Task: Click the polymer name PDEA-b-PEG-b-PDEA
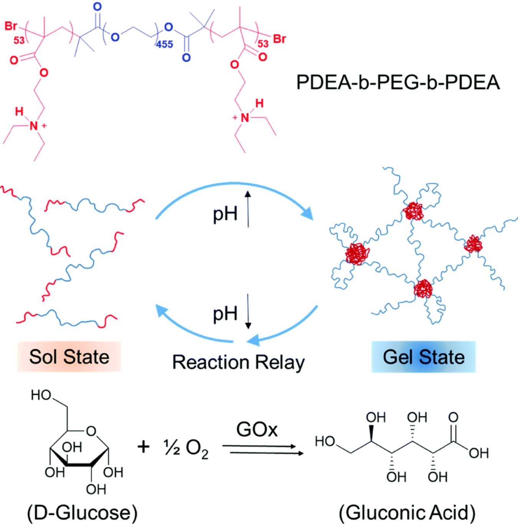(x=398, y=82)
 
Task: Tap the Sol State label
(x=69, y=357)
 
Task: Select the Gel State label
(x=424, y=357)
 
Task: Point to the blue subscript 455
(x=165, y=44)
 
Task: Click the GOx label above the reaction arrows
(x=257, y=429)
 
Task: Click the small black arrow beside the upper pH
(x=248, y=209)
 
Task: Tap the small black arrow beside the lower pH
(x=248, y=311)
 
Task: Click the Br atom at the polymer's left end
(x=11, y=26)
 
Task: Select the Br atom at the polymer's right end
(x=279, y=39)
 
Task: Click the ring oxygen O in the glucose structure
(x=91, y=431)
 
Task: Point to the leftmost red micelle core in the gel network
(x=357, y=254)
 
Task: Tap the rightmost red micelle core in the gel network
(x=473, y=244)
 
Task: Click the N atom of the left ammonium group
(x=34, y=126)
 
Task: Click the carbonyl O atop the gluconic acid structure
(x=453, y=417)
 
